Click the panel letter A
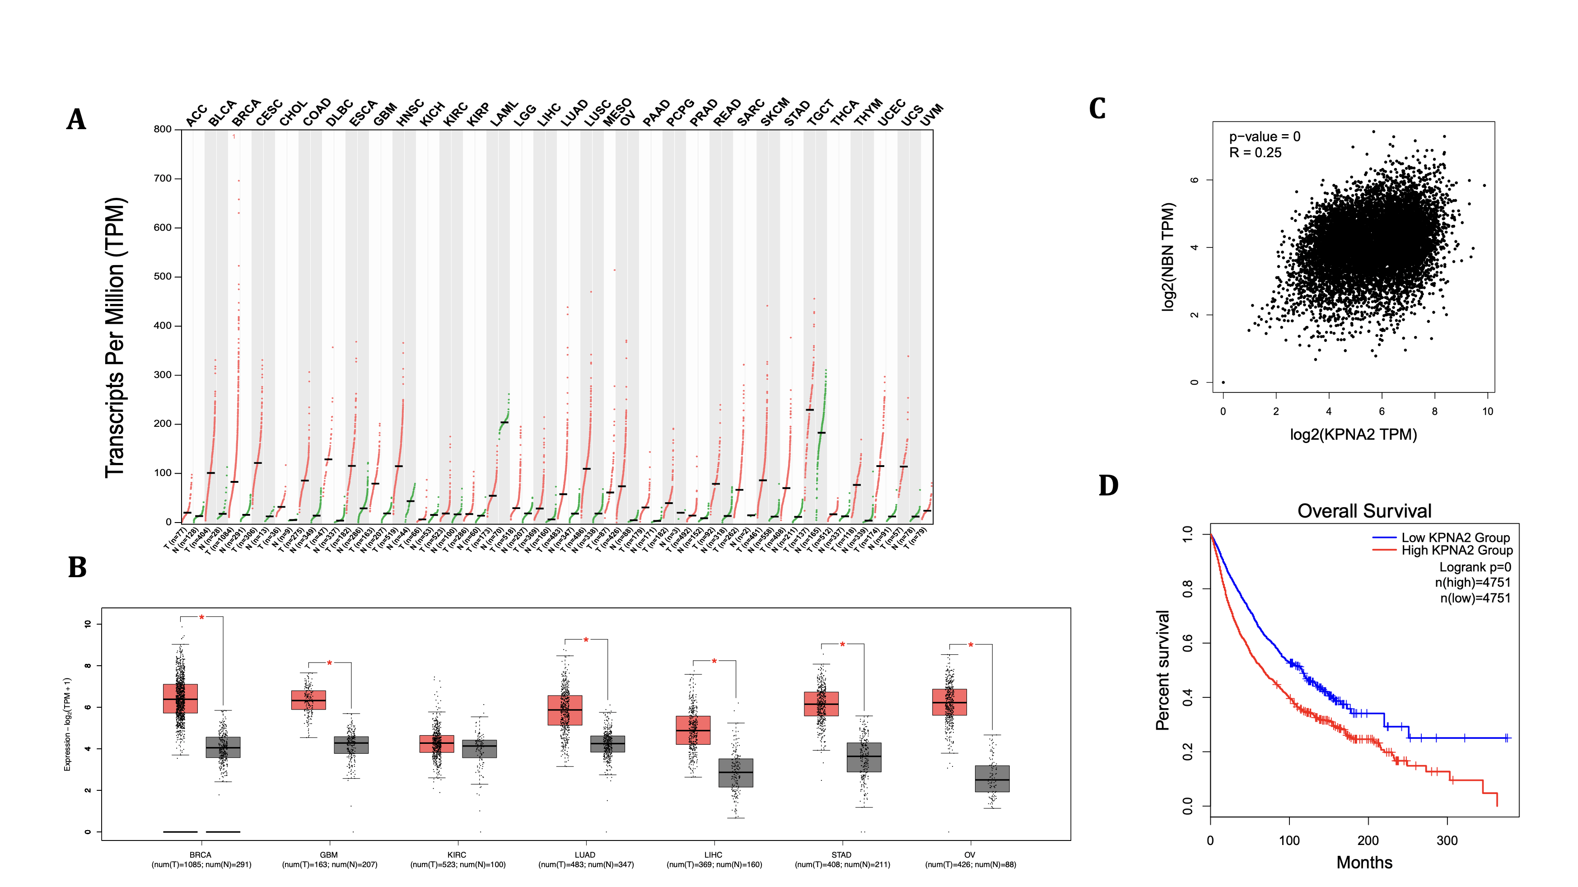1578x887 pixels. [77, 119]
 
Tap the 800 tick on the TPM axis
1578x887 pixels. [162, 129]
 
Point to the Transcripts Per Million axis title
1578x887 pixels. [115, 337]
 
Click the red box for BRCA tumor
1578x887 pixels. [180, 698]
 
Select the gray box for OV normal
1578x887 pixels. [992, 779]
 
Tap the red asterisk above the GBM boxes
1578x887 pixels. [330, 663]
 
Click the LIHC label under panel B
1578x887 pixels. [713, 854]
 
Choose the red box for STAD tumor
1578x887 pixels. [821, 704]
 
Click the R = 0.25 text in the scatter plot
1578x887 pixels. [1255, 153]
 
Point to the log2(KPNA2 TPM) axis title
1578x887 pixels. [1353, 434]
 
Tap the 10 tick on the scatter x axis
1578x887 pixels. [1487, 411]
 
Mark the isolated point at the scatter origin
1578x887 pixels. [1223, 382]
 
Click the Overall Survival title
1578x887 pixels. [1364, 511]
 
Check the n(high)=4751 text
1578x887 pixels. [1473, 583]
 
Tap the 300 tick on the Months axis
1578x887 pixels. [1447, 840]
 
